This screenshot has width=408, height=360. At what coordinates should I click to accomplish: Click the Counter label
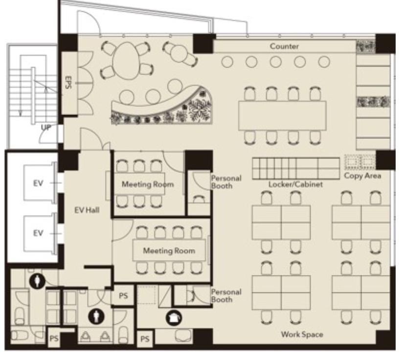(x=284, y=46)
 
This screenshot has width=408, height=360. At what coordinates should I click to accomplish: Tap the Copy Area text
(x=363, y=176)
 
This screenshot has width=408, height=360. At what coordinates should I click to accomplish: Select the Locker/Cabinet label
(x=295, y=184)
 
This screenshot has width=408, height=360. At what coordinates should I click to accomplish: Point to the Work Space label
(x=302, y=335)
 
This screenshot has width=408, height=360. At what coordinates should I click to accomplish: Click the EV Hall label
(x=87, y=210)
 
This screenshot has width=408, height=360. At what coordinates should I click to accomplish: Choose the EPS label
(x=68, y=83)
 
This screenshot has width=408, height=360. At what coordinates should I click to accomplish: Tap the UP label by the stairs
(x=46, y=128)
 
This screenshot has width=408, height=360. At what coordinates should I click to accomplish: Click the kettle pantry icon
(x=174, y=318)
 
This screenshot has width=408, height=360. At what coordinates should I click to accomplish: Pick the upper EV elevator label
(x=38, y=183)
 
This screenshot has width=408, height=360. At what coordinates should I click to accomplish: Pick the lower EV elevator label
(x=38, y=233)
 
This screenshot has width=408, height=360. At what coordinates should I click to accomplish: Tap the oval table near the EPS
(x=126, y=61)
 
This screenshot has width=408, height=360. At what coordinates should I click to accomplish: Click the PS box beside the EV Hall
(x=123, y=296)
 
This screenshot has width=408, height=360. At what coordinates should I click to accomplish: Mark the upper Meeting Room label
(x=148, y=184)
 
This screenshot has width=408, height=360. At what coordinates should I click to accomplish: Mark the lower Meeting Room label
(x=169, y=251)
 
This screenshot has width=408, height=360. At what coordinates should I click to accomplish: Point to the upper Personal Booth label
(x=227, y=182)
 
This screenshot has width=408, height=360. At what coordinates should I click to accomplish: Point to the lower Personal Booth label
(x=227, y=296)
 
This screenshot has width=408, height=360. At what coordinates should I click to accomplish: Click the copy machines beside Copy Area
(x=360, y=162)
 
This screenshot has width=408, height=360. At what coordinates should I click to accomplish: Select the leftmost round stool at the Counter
(x=227, y=62)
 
